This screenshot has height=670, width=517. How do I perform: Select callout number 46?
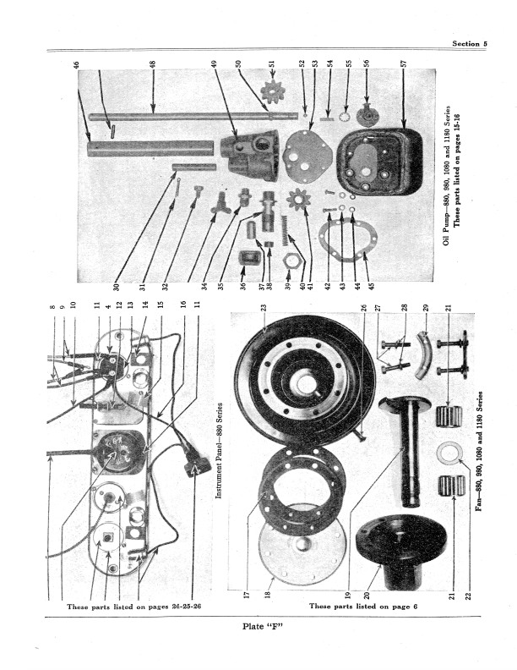pyautogui.click(x=76, y=65)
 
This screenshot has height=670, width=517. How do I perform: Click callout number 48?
pyautogui.click(x=153, y=65)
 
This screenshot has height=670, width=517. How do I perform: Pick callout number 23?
pyautogui.click(x=264, y=310)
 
